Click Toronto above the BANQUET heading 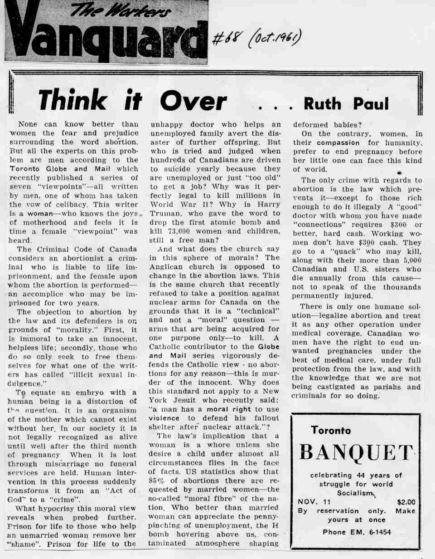pyautogui.click(x=331, y=431)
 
